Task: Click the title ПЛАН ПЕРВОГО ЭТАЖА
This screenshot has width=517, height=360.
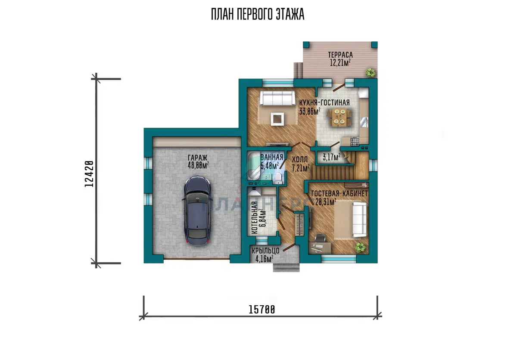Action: (x=258, y=14)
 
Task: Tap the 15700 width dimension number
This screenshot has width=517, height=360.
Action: (x=262, y=310)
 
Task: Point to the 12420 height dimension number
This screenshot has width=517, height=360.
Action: (x=89, y=174)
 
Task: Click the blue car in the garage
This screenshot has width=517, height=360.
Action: (x=198, y=211)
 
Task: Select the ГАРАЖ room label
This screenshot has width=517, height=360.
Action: (x=198, y=158)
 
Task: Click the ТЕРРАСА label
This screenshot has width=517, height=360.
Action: (x=340, y=55)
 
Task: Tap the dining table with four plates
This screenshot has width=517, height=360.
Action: (x=339, y=118)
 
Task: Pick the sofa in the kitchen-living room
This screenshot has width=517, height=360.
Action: (x=277, y=98)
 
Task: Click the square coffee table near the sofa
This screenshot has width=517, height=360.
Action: (x=277, y=119)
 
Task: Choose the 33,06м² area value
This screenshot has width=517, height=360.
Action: (x=310, y=111)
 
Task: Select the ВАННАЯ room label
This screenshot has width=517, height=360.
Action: (x=272, y=157)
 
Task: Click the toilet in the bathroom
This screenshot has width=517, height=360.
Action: (x=278, y=179)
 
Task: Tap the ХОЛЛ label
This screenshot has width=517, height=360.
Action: (x=299, y=160)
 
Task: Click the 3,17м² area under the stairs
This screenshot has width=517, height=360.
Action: (x=331, y=157)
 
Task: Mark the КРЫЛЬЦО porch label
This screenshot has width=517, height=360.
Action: (x=266, y=251)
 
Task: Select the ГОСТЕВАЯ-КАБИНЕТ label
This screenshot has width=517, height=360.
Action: (x=339, y=194)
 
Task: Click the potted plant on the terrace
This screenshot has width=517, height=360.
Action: (x=371, y=73)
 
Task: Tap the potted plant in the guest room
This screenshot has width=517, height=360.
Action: (x=360, y=248)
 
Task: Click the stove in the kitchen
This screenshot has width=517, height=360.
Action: (x=355, y=142)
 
